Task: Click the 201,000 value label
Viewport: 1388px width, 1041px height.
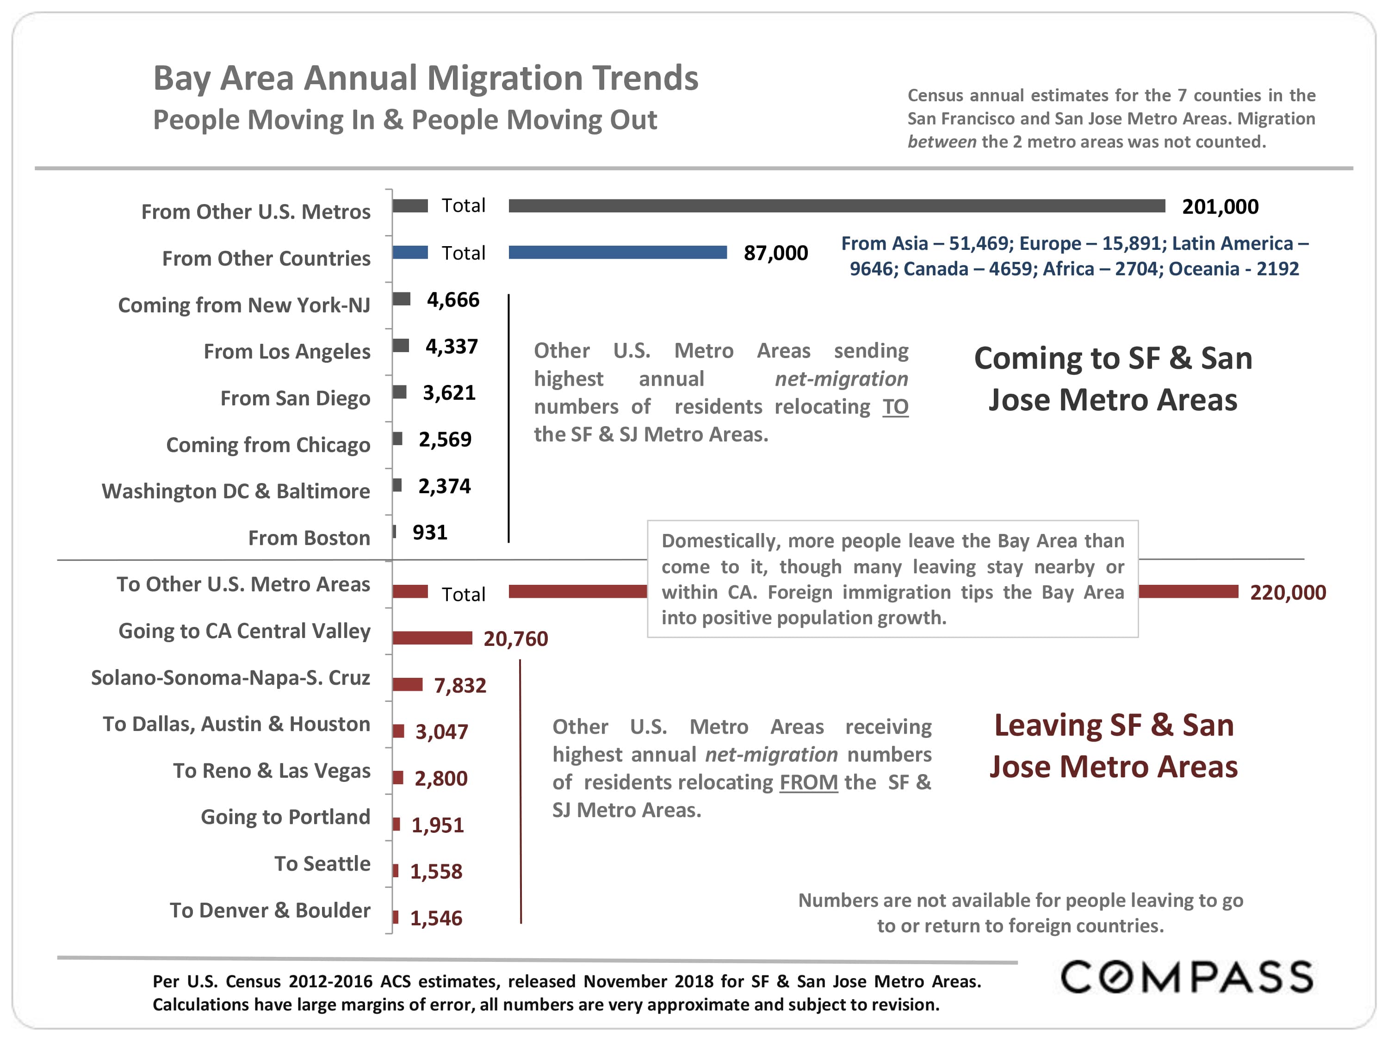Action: tap(1220, 206)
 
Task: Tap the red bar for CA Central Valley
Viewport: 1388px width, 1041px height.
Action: tap(432, 638)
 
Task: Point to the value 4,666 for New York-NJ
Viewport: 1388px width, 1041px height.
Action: tap(453, 300)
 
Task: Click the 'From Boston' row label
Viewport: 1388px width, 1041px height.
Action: tap(310, 538)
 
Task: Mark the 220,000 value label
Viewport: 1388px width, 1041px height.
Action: tap(1288, 592)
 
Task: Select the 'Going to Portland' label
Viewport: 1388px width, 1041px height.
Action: tap(285, 817)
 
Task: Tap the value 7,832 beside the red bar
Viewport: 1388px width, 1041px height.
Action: tap(460, 685)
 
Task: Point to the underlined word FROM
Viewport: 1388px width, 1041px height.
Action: tap(809, 782)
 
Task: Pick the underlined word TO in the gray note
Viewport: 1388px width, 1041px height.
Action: tap(895, 407)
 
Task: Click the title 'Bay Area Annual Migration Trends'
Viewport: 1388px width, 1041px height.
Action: tap(426, 79)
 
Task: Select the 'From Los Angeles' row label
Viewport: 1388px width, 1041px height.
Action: tap(287, 351)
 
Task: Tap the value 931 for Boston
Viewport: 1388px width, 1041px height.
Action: tap(430, 532)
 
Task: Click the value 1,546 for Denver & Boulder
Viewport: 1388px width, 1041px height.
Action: tap(436, 918)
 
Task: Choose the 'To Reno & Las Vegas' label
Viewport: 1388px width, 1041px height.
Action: tap(272, 770)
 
